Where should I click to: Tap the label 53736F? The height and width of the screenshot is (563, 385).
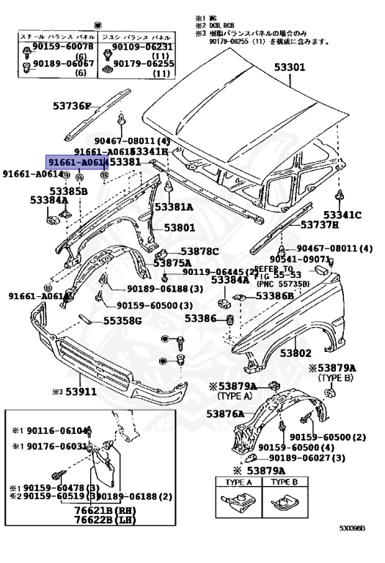pyautogui.click(x=71, y=106)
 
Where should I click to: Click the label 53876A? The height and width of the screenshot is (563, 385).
pyautogui.click(x=225, y=414)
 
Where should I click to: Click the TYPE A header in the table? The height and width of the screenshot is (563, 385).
pyautogui.click(x=237, y=483)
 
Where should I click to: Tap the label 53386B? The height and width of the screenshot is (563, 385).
pyautogui.click(x=274, y=296)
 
